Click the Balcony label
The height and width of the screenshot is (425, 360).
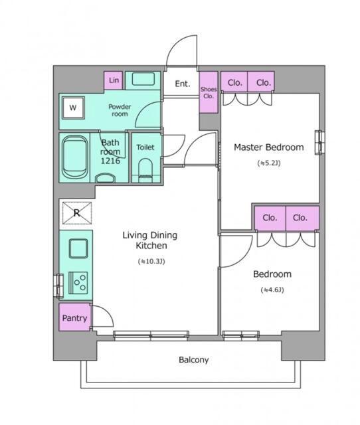point(193,360)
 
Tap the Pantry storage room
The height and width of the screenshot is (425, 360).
point(74,317)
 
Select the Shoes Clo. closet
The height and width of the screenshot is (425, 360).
point(209,92)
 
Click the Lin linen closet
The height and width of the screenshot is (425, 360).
point(114,80)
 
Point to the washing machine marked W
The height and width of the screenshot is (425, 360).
point(73,108)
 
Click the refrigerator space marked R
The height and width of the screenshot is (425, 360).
point(77,213)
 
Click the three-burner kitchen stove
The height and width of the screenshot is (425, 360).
point(78,283)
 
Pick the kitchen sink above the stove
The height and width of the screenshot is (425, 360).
point(78,248)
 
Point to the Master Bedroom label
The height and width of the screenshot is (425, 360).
point(268,147)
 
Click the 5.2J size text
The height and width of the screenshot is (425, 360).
point(268,163)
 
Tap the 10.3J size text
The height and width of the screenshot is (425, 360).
point(151,262)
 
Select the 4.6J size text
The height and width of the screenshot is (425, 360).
point(272,290)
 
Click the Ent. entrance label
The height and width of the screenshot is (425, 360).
point(183,84)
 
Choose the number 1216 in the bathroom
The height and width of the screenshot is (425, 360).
point(110,161)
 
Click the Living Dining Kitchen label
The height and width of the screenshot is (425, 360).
point(150,240)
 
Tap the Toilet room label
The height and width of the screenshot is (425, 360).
point(145,147)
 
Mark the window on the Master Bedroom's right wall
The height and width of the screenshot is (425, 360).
point(319,143)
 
